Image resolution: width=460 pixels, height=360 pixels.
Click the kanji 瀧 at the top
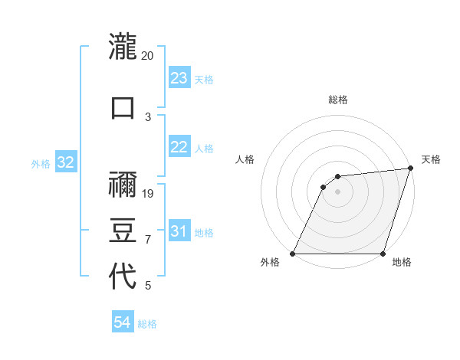click(x=123, y=47)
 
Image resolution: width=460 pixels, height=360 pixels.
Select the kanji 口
click(x=123, y=107)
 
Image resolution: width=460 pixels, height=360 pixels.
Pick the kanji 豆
click(x=123, y=231)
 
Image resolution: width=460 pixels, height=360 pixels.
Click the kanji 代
click(x=123, y=277)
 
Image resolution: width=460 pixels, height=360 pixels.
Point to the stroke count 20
click(x=148, y=56)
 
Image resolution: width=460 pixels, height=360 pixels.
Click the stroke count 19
click(x=148, y=193)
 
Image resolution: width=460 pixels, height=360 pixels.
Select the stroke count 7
click(x=148, y=239)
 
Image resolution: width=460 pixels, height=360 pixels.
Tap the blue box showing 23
click(x=179, y=78)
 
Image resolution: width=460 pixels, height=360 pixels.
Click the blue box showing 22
click(x=179, y=147)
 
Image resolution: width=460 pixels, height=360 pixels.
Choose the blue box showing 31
click(x=179, y=231)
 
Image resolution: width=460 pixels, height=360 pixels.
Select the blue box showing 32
click(x=65, y=162)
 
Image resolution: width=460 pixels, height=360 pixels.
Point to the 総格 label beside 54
click(x=147, y=324)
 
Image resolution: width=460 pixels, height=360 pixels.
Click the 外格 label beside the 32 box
click(x=41, y=164)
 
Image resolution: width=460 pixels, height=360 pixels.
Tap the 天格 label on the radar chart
click(x=431, y=159)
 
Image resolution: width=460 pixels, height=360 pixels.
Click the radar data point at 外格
click(x=293, y=254)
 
